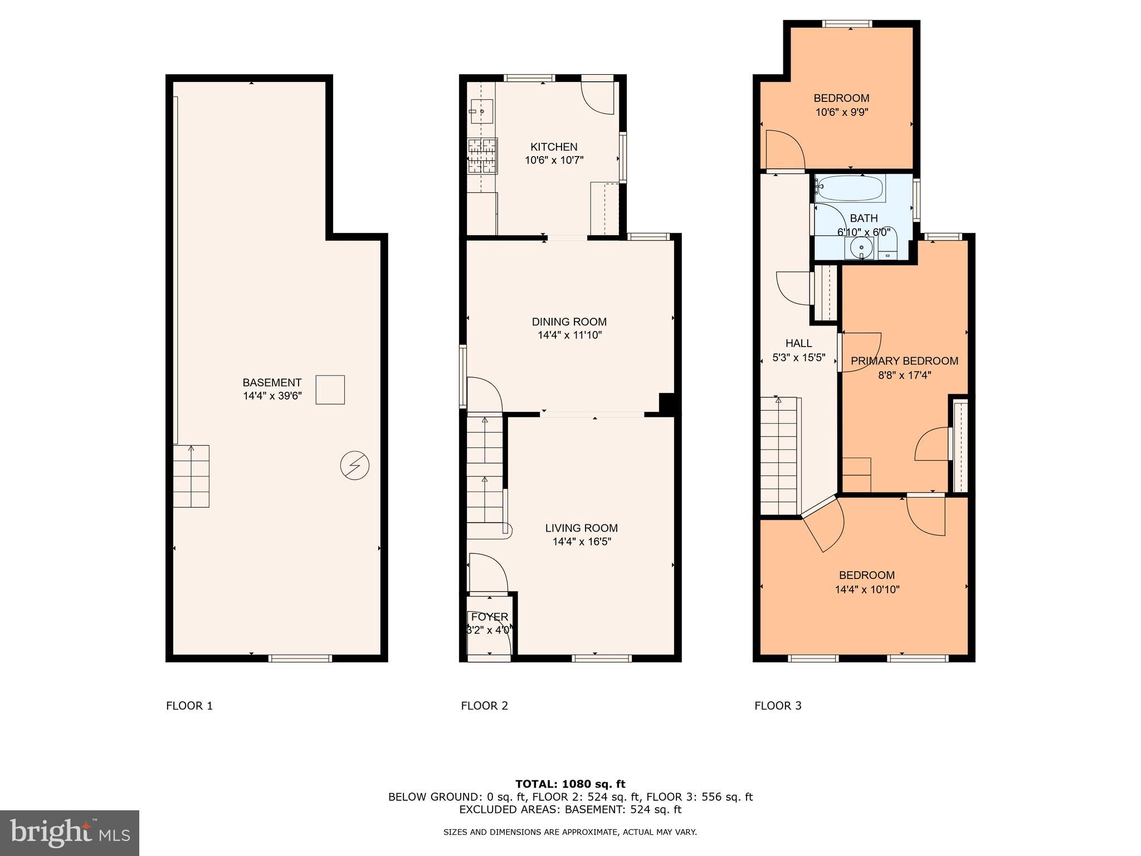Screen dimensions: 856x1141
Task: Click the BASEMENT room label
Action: [272, 383]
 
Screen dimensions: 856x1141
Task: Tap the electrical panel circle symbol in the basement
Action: [355, 465]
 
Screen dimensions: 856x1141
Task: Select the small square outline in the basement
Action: [330, 390]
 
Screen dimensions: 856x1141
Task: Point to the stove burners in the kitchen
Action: [482, 155]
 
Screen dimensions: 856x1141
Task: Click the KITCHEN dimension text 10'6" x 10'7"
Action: [554, 160]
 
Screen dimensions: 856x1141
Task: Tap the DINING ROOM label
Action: [569, 322]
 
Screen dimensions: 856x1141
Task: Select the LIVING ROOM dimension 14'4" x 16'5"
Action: [582, 542]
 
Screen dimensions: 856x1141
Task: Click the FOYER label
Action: [489, 617]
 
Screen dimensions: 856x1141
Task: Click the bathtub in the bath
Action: [849, 188]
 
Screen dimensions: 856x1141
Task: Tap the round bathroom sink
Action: [861, 247]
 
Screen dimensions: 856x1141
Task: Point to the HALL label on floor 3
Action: [798, 343]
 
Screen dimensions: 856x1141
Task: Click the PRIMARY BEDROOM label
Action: [904, 361]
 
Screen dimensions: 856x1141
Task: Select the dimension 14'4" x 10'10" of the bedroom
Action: [867, 590]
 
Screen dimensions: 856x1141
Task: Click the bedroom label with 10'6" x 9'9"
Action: [841, 99]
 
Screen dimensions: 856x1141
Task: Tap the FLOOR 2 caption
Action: [484, 706]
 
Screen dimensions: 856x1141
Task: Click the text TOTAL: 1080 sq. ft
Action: [570, 784]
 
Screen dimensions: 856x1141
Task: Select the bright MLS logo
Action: [70, 832]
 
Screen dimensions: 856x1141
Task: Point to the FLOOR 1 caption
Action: [189, 706]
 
